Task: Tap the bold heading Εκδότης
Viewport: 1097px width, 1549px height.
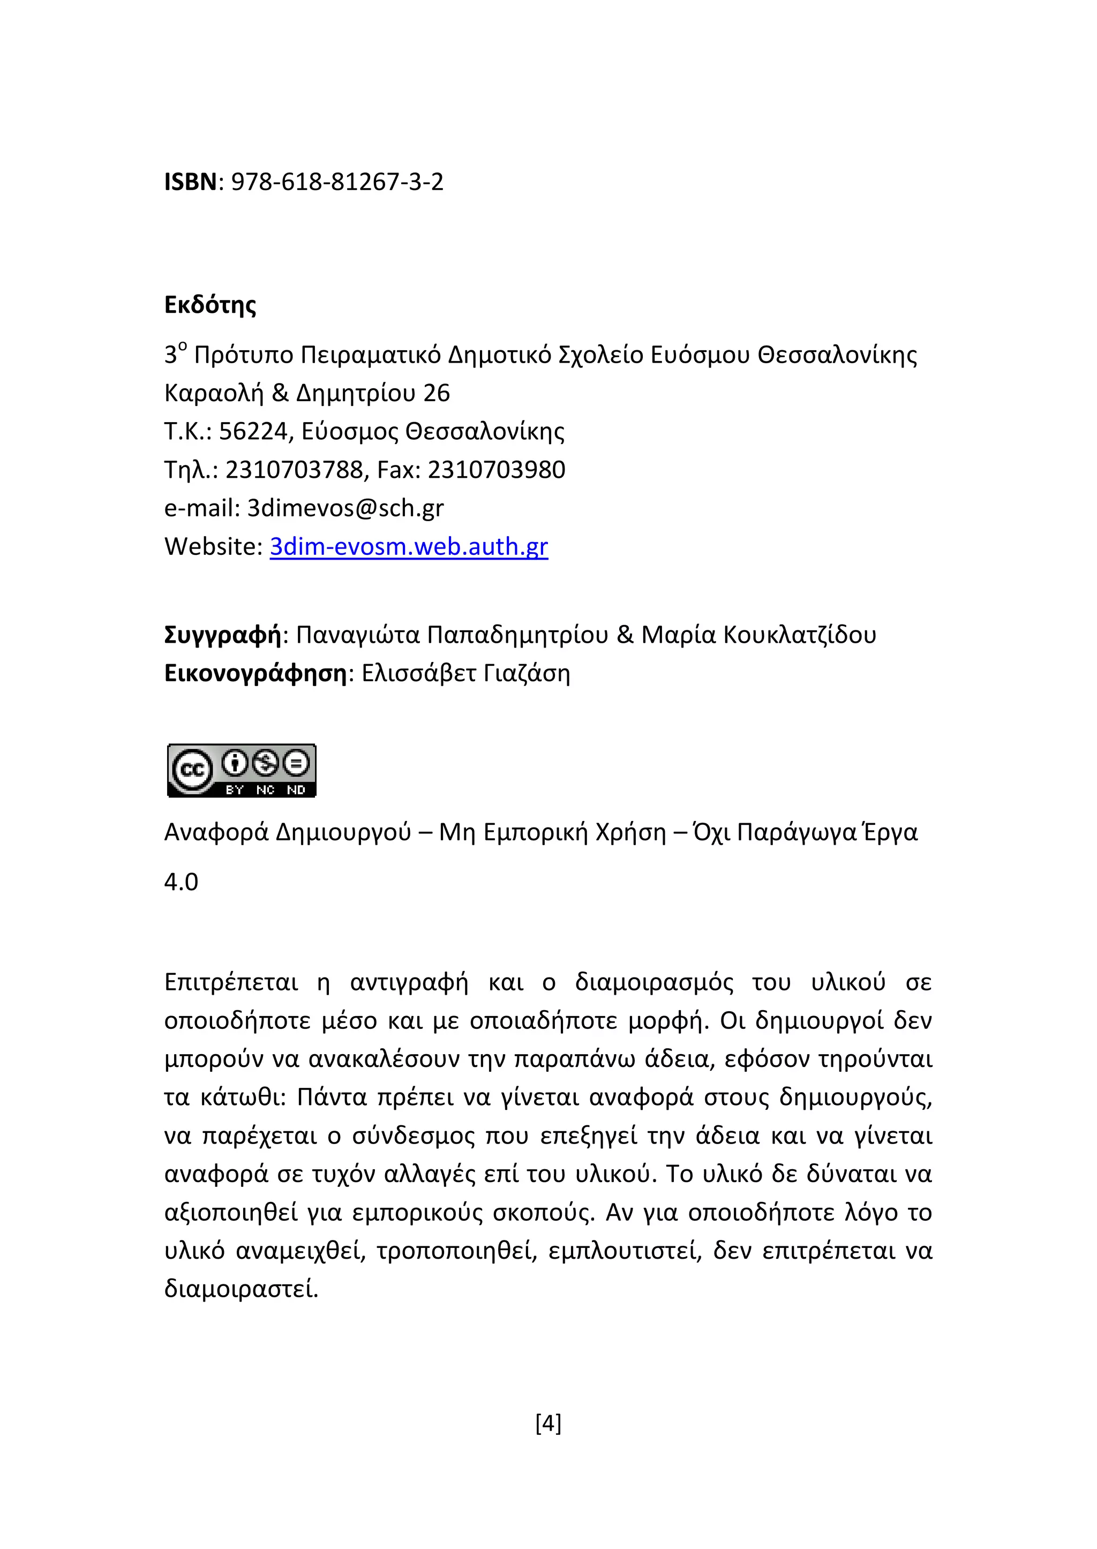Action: pyautogui.click(x=210, y=305)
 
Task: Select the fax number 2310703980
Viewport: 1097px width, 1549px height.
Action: pyautogui.click(x=497, y=470)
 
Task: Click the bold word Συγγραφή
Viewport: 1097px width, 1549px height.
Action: pyautogui.click(x=222, y=636)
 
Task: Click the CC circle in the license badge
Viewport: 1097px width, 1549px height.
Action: pyautogui.click(x=192, y=770)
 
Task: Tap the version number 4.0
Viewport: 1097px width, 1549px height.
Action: pyautogui.click(x=181, y=883)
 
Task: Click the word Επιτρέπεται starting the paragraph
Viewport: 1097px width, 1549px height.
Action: pyautogui.click(x=231, y=983)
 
